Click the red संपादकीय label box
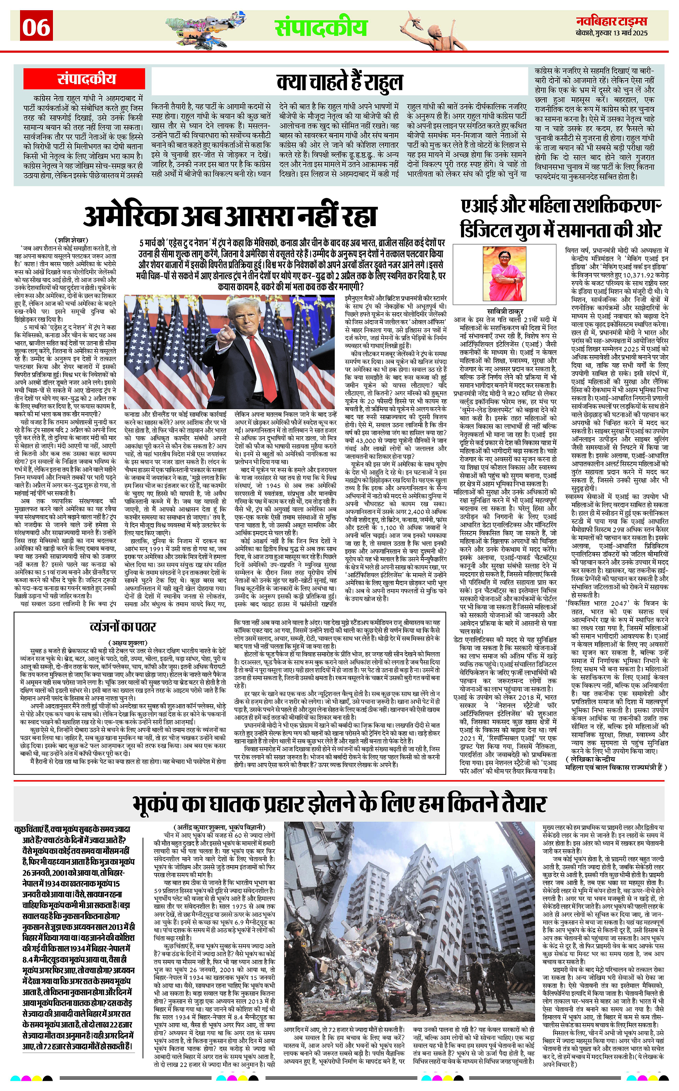[x=87, y=79]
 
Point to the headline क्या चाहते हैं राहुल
[x=339, y=82]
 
